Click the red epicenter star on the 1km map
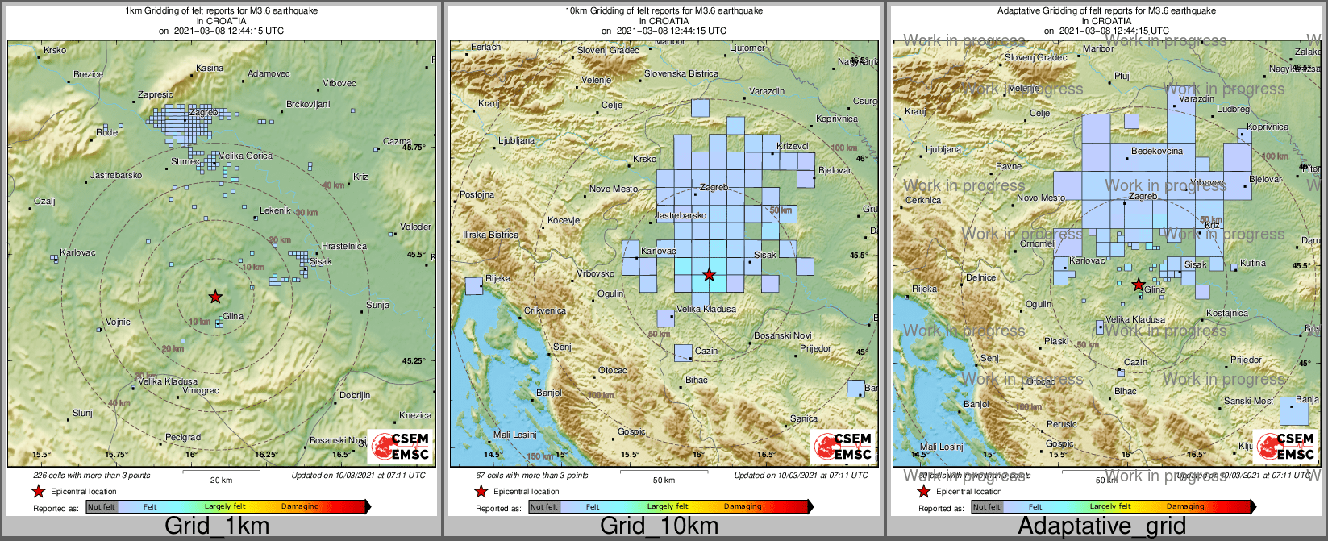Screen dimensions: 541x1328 215,297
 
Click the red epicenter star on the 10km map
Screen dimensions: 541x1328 709,275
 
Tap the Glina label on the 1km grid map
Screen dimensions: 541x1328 233,316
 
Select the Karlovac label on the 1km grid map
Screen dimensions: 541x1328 77,252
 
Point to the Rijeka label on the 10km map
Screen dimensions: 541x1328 497,278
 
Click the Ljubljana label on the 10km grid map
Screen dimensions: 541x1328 517,140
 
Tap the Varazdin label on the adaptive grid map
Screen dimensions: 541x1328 1196,98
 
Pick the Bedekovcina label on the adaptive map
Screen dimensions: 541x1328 1157,151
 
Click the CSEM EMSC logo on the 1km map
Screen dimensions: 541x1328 400,446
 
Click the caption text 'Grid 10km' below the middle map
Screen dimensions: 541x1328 659,526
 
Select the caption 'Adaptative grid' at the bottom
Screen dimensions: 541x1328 1101,526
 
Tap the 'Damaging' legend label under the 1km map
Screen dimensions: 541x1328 300,506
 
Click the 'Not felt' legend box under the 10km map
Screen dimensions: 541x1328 544,506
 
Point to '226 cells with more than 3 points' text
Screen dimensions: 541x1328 92,476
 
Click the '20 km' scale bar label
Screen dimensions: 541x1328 221,481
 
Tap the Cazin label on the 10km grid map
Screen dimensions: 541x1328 706,351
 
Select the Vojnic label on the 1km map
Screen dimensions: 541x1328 118,322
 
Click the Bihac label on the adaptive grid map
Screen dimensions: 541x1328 1126,391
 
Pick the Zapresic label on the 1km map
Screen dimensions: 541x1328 155,94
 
